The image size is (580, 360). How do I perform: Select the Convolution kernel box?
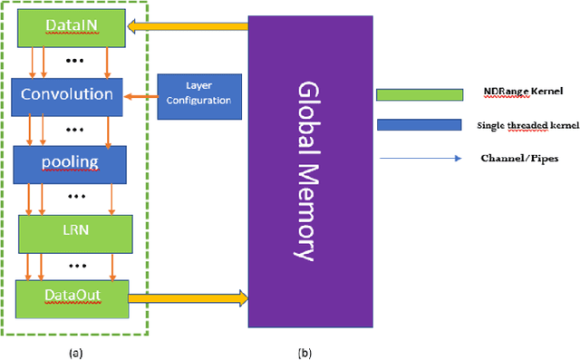tap(69, 94)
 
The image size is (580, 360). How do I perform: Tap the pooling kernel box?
tap(69, 163)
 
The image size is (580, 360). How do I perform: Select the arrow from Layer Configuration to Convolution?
tap(140, 94)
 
